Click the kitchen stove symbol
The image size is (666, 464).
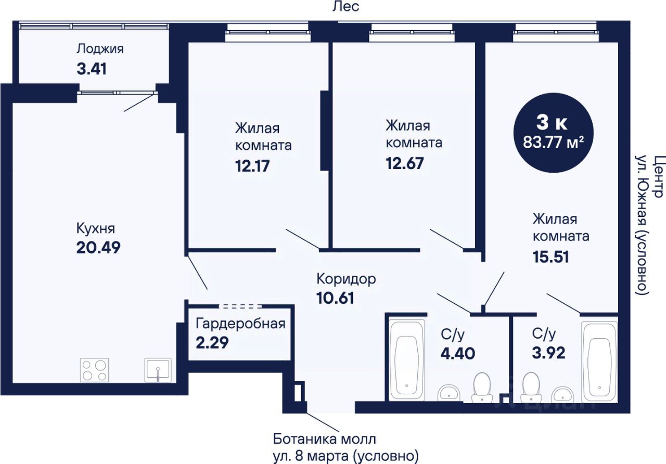tap(94, 370)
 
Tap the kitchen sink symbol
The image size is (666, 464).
tap(158, 370)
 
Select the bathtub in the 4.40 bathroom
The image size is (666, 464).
tap(407, 360)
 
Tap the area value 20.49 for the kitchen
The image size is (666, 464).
tap(98, 247)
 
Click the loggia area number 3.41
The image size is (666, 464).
tap(92, 69)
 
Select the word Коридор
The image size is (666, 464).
tap(346, 279)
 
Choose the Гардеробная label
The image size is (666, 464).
tap(240, 324)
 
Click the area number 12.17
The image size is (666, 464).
tap(252, 166)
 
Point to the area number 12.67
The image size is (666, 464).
tap(405, 163)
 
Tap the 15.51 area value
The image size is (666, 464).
tap(550, 257)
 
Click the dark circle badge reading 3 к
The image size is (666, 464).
tap(554, 133)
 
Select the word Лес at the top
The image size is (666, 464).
tap(346, 7)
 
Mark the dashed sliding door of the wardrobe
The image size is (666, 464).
tap(240, 306)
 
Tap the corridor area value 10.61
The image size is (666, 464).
tap(335, 298)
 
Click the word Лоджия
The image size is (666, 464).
tap(100, 49)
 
